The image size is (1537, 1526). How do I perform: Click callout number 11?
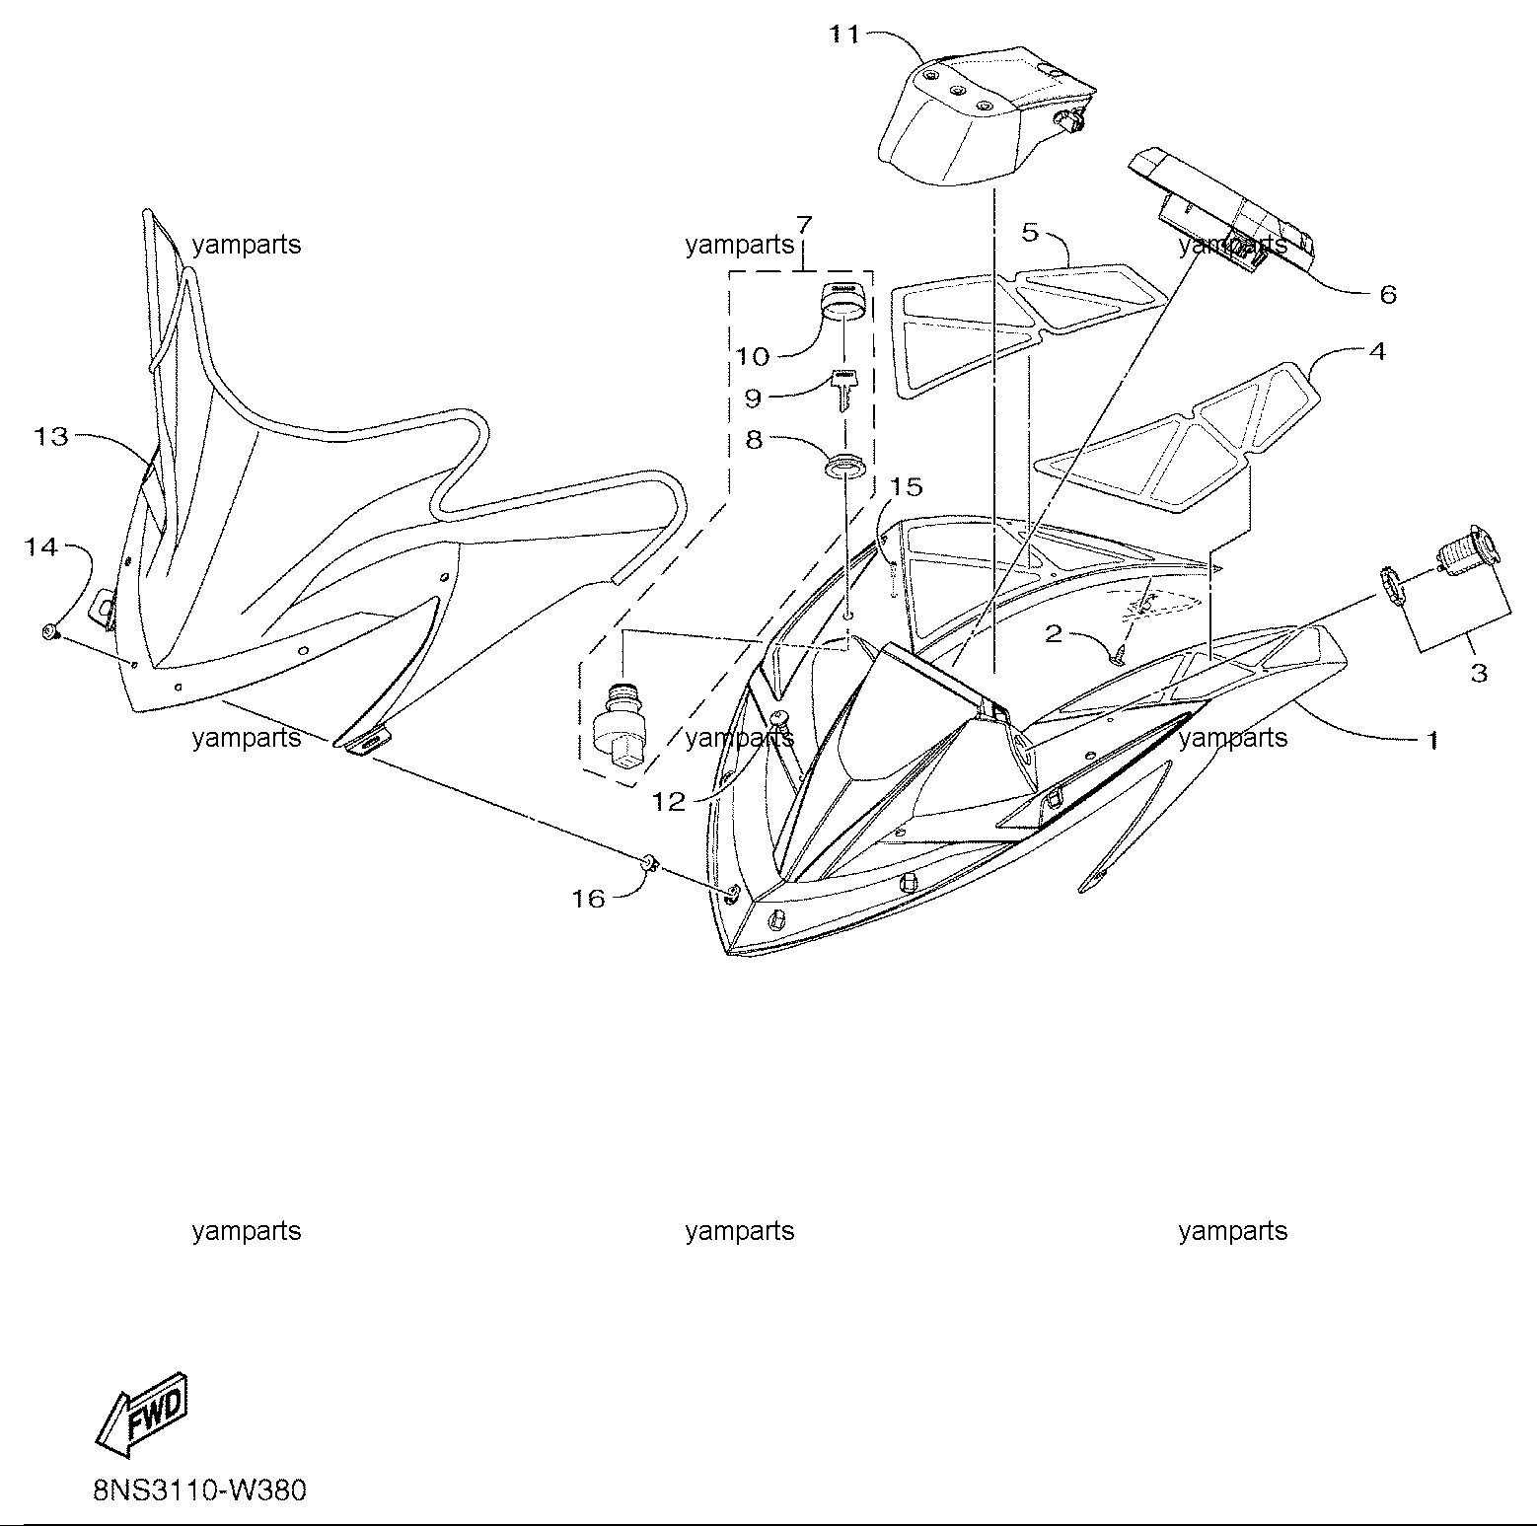pos(843,36)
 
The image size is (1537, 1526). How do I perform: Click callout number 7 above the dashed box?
pos(803,223)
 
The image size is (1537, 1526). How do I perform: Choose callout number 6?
pos(1388,294)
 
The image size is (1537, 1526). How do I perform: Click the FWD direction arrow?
pos(142,1414)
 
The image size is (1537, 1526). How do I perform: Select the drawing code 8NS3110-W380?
pos(200,1489)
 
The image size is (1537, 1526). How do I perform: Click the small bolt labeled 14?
pos(48,631)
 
